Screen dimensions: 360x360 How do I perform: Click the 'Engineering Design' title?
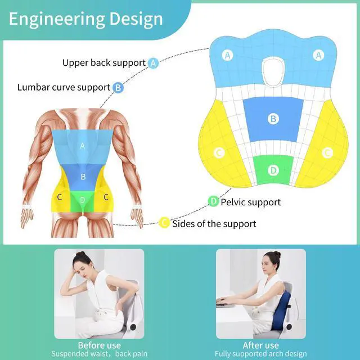pyautogui.click(x=86, y=19)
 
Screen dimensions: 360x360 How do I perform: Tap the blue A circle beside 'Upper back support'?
pyautogui.click(x=153, y=64)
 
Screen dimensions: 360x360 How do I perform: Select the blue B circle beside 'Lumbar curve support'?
pyautogui.click(x=118, y=88)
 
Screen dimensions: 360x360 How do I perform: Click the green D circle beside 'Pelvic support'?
pyautogui.click(x=213, y=201)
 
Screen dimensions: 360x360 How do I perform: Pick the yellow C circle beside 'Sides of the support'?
pyautogui.click(x=164, y=223)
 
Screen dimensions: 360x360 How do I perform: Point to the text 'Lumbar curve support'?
pyautogui.click(x=64, y=87)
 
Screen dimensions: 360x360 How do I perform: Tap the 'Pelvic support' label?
pyautogui.click(x=250, y=201)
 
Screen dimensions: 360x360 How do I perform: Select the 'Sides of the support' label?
pyautogui.click(x=214, y=223)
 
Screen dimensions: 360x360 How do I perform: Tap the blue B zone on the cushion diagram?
pyautogui.click(x=273, y=119)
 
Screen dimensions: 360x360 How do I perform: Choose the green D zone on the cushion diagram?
pyautogui.click(x=273, y=169)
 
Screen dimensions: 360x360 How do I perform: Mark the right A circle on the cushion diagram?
pyautogui.click(x=319, y=55)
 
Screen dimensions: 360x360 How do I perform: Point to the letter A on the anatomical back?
pyautogui.click(x=83, y=146)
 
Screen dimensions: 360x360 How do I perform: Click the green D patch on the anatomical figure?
pyautogui.click(x=83, y=200)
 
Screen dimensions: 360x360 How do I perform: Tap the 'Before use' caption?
pyautogui.click(x=100, y=345)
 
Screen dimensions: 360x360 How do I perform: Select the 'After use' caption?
pyautogui.click(x=260, y=345)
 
